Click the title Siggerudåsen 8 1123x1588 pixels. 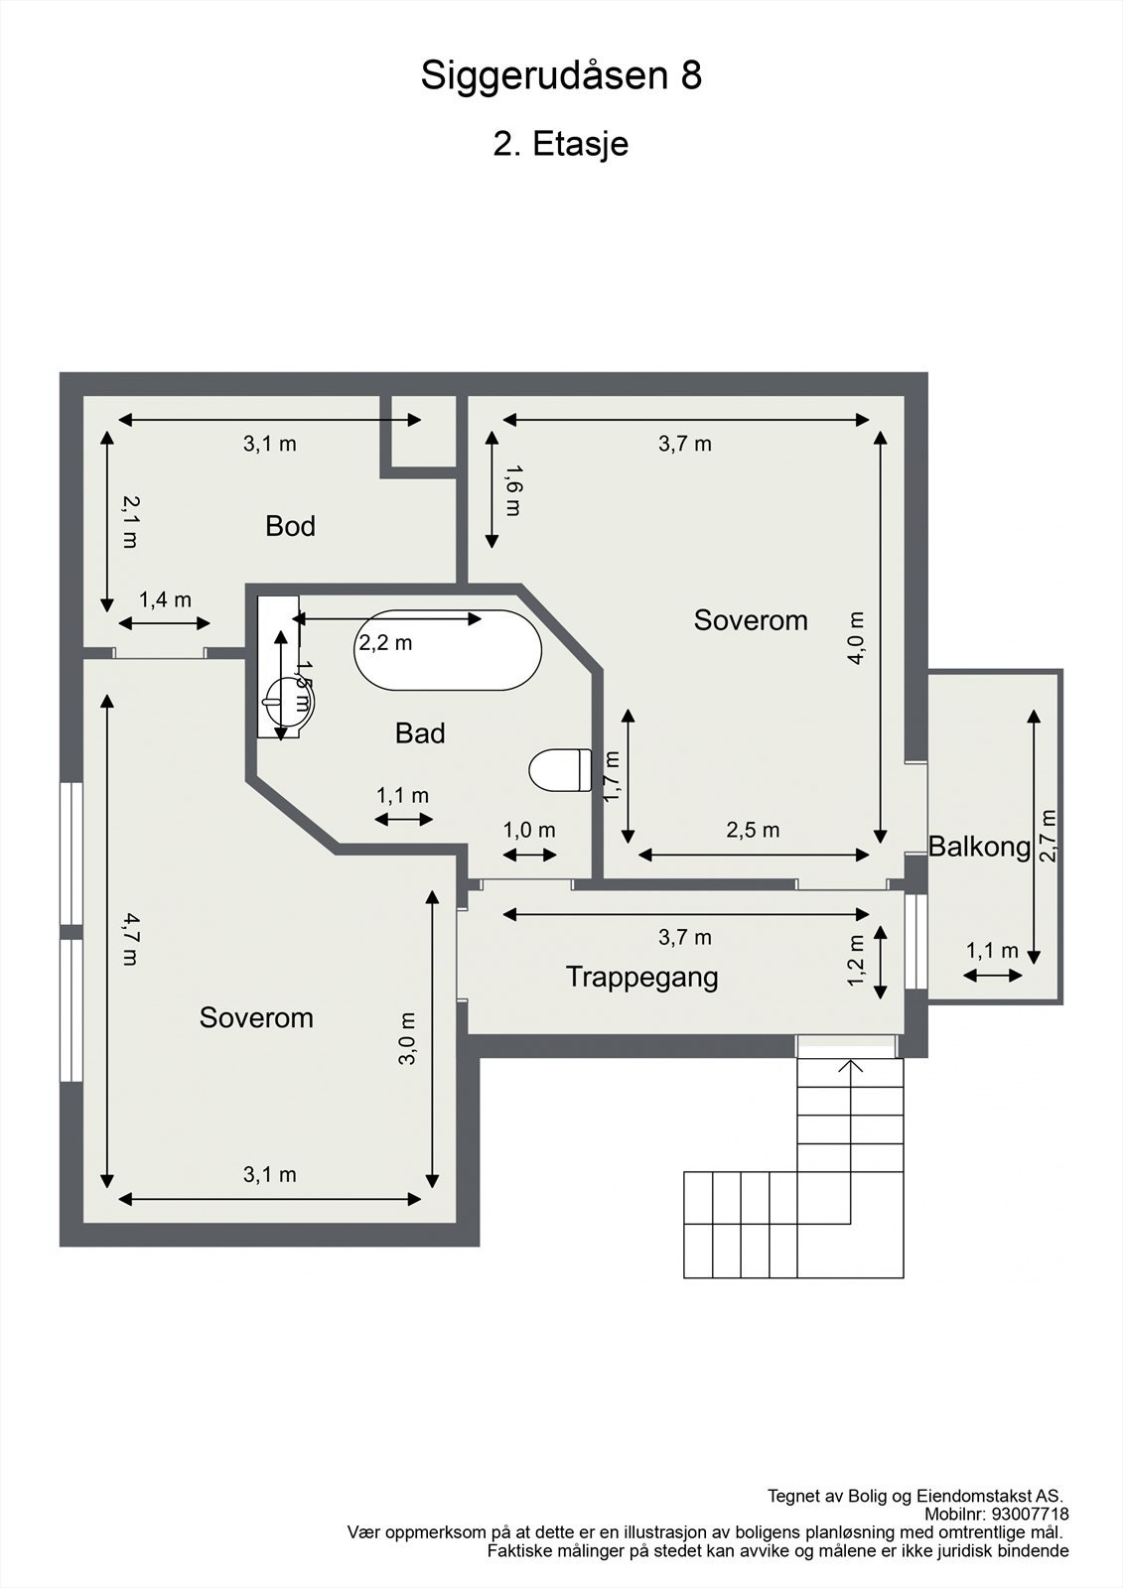pyautogui.click(x=561, y=75)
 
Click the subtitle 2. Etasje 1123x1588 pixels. pyautogui.click(x=561, y=144)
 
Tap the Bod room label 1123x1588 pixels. pyautogui.click(x=290, y=526)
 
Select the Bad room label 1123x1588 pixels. pyautogui.click(x=419, y=733)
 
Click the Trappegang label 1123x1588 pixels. pyautogui.click(x=641, y=977)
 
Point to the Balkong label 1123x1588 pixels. pyautogui.click(x=979, y=847)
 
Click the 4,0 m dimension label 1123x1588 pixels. pyautogui.click(x=857, y=637)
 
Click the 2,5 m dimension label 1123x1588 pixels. pyautogui.click(x=753, y=830)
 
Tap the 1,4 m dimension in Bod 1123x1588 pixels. pyautogui.click(x=165, y=599)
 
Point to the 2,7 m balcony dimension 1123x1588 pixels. pyautogui.click(x=1049, y=836)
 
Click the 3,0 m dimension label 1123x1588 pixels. pyautogui.click(x=407, y=1038)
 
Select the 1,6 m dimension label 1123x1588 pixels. pyautogui.click(x=512, y=490)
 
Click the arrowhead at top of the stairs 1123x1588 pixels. pyautogui.click(x=850, y=1067)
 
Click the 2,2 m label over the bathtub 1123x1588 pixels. pyautogui.click(x=385, y=643)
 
